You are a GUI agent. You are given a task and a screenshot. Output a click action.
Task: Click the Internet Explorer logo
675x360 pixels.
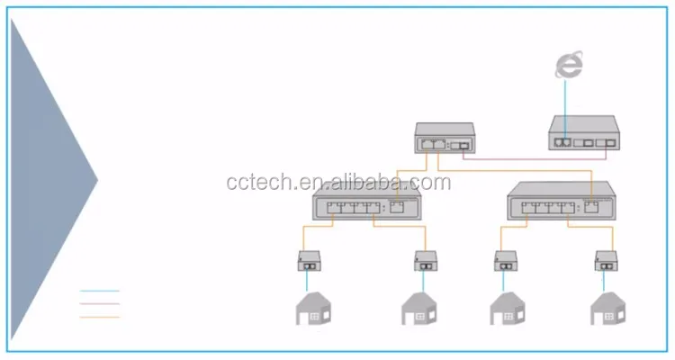568,64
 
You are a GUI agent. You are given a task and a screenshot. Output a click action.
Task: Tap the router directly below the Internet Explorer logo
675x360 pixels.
583,133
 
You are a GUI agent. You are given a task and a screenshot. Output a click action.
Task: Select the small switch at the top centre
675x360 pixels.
444,138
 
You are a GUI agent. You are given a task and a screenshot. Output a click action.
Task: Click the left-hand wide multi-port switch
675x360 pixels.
367,206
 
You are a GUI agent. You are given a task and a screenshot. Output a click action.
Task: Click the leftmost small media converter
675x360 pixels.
310,261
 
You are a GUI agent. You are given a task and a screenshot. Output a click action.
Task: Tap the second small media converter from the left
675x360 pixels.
426,261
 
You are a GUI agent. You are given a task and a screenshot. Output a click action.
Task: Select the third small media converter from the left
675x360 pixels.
505,261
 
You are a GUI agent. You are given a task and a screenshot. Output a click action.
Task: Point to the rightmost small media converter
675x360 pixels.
607,261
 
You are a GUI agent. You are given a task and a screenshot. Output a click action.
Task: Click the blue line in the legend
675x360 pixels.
99,291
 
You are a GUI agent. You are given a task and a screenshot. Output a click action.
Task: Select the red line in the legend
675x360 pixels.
99,304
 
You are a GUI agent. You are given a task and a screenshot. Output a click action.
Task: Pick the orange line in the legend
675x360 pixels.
99,318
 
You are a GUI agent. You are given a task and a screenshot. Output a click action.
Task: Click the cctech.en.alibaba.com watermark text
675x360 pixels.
337,183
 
